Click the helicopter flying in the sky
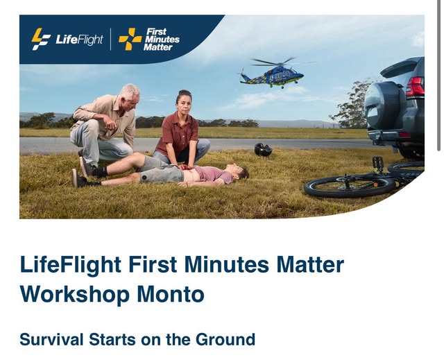[x=272, y=74]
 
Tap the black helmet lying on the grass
[x=263, y=150]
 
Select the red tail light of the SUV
[x=415, y=87]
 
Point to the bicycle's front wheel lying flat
[x=350, y=186]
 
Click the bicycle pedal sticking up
[x=377, y=163]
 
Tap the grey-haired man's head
[x=130, y=96]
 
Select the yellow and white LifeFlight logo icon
[x=41, y=39]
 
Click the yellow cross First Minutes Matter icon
[x=130, y=39]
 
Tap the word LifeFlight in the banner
[x=79, y=40]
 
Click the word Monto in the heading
[x=171, y=294]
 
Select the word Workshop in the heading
[x=75, y=294]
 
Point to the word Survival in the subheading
[x=51, y=339]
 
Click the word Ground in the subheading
[x=225, y=339]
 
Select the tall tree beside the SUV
[x=350, y=105]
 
